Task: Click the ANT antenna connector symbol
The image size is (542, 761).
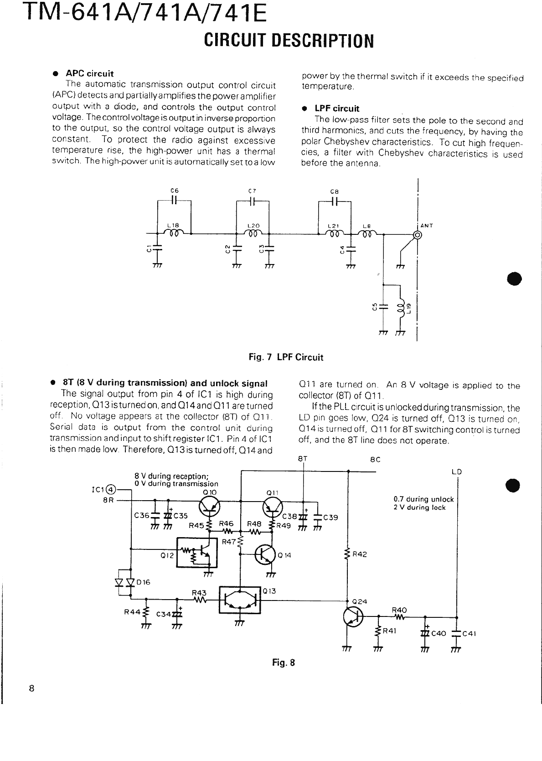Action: (x=416, y=235)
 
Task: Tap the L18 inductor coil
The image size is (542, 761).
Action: (x=174, y=233)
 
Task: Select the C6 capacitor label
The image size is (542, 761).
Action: (x=174, y=190)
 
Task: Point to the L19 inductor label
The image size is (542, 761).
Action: (x=409, y=308)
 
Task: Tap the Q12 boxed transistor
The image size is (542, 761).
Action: (x=197, y=552)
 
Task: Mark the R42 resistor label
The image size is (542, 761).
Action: (x=360, y=554)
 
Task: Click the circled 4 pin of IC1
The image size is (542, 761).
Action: (x=111, y=490)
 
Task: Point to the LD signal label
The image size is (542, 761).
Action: (x=457, y=472)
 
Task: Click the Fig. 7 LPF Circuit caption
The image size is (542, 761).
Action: (x=286, y=357)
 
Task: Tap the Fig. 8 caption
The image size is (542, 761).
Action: (x=284, y=663)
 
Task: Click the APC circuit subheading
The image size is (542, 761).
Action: (x=90, y=73)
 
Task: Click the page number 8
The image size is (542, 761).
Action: (x=31, y=689)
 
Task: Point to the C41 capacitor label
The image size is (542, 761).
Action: (x=469, y=633)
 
